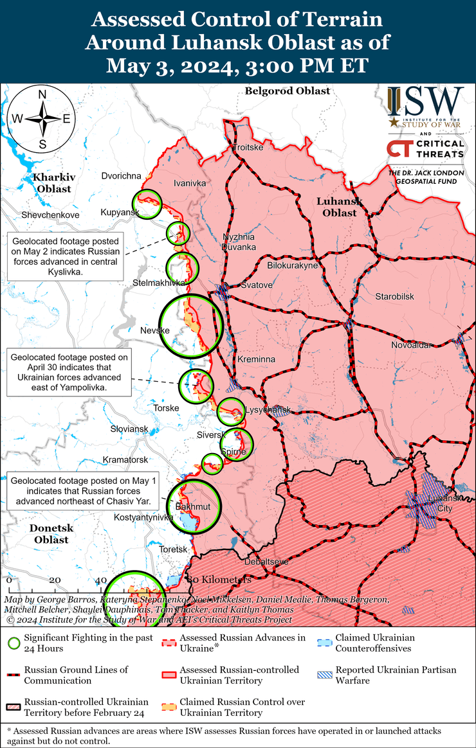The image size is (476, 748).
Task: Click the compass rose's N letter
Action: point(42,94)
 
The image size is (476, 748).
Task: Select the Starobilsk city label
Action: point(395,296)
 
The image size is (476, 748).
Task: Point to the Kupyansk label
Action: point(120,212)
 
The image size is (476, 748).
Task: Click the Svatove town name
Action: point(255,284)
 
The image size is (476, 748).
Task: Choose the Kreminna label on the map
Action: point(256,359)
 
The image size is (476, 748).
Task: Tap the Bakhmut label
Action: point(193,507)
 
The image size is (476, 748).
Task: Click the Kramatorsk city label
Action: point(125,459)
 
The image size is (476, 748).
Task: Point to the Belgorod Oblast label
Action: point(287,91)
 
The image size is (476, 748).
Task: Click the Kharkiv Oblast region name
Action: point(54,183)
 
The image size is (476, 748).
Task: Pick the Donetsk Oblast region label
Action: point(51,533)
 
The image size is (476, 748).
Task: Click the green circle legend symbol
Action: point(13,643)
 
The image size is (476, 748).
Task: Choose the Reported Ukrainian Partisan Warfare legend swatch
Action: point(325,675)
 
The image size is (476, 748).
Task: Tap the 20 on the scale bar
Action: point(55,580)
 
